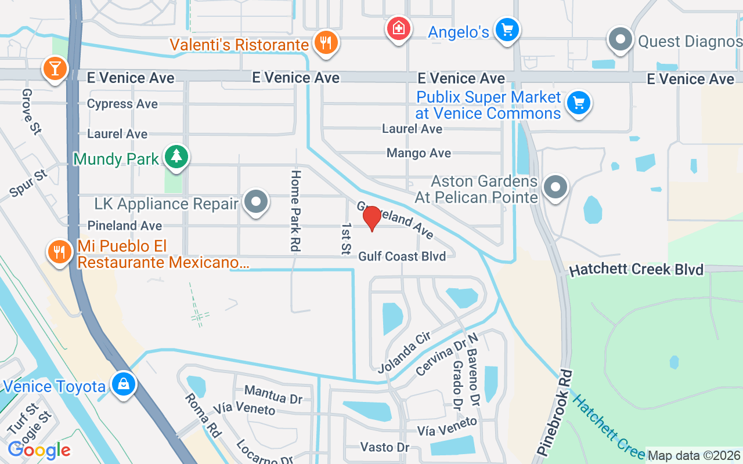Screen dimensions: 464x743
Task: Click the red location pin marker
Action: pos(371,218)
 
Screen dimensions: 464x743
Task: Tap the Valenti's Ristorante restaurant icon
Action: pos(326,42)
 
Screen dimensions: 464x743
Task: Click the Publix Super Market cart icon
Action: pos(578,103)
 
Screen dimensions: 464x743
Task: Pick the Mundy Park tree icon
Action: pos(176,157)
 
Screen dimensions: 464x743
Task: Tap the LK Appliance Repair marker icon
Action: pos(255,202)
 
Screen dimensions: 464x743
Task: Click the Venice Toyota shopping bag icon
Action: pos(123,384)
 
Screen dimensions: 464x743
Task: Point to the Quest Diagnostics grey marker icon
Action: pos(620,40)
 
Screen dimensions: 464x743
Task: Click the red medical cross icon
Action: pos(399,28)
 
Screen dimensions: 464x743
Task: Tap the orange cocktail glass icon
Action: pos(55,68)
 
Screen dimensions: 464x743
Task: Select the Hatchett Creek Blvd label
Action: pos(636,270)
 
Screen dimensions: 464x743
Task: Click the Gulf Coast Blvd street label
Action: pos(402,256)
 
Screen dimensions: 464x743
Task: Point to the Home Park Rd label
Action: pos(295,211)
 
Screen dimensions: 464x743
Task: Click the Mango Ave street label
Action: pos(419,153)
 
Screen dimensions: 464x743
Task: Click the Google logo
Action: pos(39,450)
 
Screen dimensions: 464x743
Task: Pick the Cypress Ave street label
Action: pos(122,104)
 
